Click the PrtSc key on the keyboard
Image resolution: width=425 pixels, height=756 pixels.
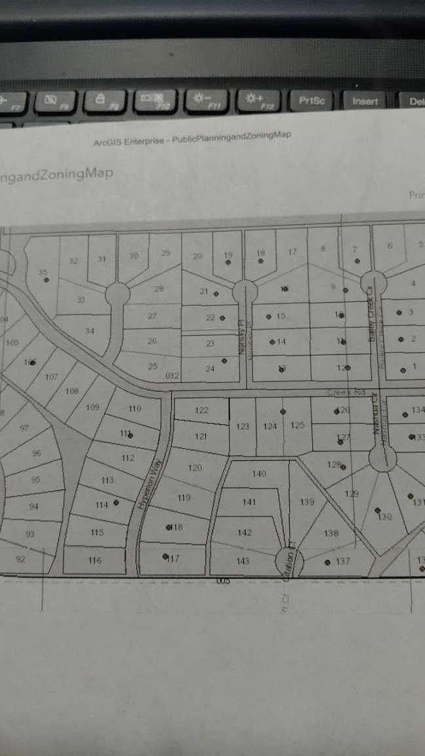coord(312,100)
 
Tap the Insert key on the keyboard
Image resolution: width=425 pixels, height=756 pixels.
coord(365,101)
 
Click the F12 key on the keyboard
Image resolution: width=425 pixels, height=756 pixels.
coord(257,100)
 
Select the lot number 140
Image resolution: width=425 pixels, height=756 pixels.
coord(259,473)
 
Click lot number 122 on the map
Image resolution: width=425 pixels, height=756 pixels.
coord(202,410)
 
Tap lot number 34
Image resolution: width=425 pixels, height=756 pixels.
coord(90,331)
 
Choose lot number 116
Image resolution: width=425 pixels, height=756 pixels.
coord(95,560)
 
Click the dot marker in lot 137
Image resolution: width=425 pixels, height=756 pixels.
coord(327,562)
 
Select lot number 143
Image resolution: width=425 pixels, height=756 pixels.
coord(242,560)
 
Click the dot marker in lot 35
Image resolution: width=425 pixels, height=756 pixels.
coord(47,280)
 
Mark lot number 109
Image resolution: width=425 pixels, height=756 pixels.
coord(92,407)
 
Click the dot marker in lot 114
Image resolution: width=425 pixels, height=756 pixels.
coord(116,503)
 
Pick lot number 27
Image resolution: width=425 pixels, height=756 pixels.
coord(152,316)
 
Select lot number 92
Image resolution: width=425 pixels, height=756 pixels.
coord(20,559)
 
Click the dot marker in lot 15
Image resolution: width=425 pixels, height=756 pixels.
coord(269,316)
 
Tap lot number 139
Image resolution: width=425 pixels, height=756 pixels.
coord(307,502)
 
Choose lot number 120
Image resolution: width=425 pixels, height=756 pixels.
coord(195,468)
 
